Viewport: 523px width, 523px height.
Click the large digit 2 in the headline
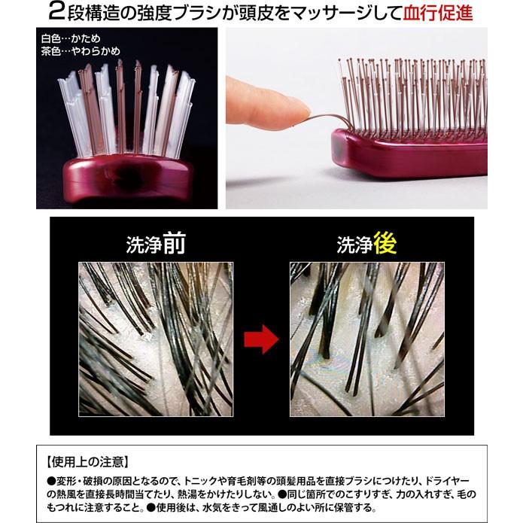(56, 12)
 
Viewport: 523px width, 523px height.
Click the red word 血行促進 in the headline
(438, 13)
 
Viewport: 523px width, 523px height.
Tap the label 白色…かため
(71, 38)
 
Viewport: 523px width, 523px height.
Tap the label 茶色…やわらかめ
(81, 51)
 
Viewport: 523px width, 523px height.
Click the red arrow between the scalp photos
(261, 339)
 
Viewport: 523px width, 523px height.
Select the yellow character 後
(385, 243)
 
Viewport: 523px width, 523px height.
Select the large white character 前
(173, 244)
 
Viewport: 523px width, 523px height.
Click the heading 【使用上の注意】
(87, 462)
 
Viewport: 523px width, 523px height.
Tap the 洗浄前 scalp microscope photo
(156, 339)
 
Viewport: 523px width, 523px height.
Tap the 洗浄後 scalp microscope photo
(367, 339)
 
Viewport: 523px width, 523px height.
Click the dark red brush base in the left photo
(127, 179)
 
